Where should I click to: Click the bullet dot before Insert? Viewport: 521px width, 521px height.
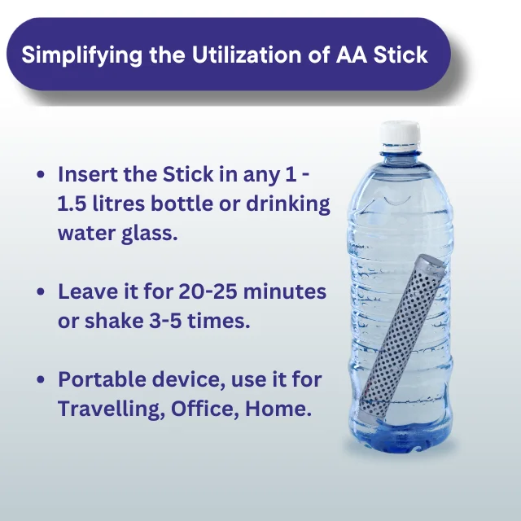(41, 175)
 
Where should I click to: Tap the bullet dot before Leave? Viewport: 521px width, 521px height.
(41, 292)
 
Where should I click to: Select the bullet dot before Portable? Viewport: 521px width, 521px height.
(41, 380)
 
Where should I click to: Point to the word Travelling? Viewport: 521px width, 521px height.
(108, 409)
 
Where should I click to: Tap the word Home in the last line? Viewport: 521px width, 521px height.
(282, 409)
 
